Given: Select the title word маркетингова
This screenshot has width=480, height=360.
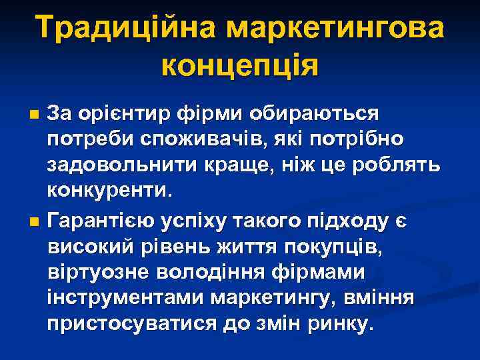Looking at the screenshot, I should tap(335, 29).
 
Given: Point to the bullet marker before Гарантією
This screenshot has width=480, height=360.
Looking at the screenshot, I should tap(35, 219).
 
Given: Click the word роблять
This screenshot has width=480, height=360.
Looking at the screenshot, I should tap(395, 165).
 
